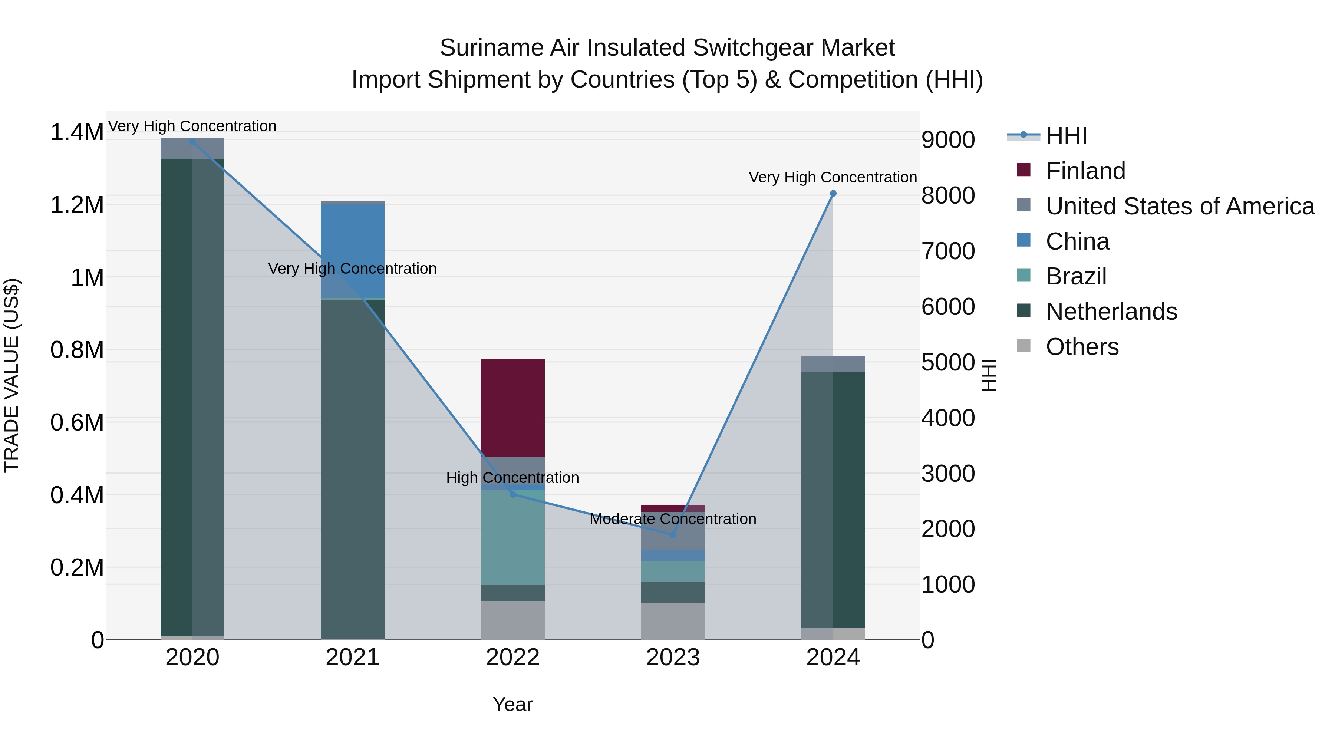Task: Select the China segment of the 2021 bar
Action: (x=352, y=251)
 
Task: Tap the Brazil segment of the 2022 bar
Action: (x=512, y=537)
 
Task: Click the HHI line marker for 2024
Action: (x=833, y=193)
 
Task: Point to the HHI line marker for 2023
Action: (x=673, y=535)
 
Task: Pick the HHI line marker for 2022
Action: (x=512, y=494)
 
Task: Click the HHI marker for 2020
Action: (x=192, y=142)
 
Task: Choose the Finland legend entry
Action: (x=1085, y=171)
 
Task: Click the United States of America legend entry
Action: (x=1180, y=206)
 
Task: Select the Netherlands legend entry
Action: (x=1111, y=312)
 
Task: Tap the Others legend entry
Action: (x=1082, y=347)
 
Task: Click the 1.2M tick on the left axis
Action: (x=77, y=205)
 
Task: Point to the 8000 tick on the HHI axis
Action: (x=948, y=195)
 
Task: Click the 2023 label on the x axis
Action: (x=673, y=658)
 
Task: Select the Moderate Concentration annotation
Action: (x=673, y=519)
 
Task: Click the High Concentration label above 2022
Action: (x=512, y=477)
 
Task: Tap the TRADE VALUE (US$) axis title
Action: (x=11, y=375)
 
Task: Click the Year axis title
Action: (x=512, y=704)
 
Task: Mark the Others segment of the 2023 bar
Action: (x=673, y=621)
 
